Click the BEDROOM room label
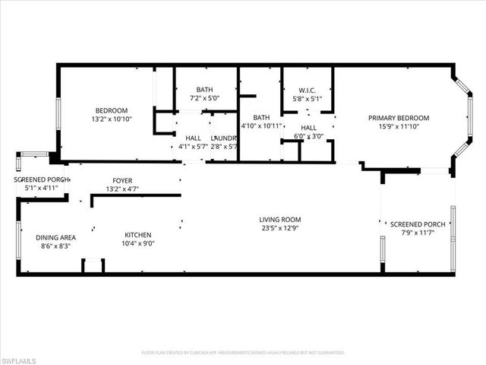(x=111, y=109)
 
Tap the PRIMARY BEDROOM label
(x=399, y=118)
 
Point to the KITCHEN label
(x=138, y=235)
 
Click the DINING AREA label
(x=55, y=236)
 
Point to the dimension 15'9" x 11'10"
(x=399, y=127)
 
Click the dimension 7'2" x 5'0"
(x=204, y=98)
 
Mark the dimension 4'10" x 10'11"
(x=261, y=126)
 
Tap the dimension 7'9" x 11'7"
(x=417, y=233)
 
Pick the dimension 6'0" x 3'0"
(x=308, y=137)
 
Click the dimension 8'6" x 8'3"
(x=55, y=246)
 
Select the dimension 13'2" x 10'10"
(x=111, y=119)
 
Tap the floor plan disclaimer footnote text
(x=243, y=353)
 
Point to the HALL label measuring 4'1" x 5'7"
(x=193, y=138)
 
